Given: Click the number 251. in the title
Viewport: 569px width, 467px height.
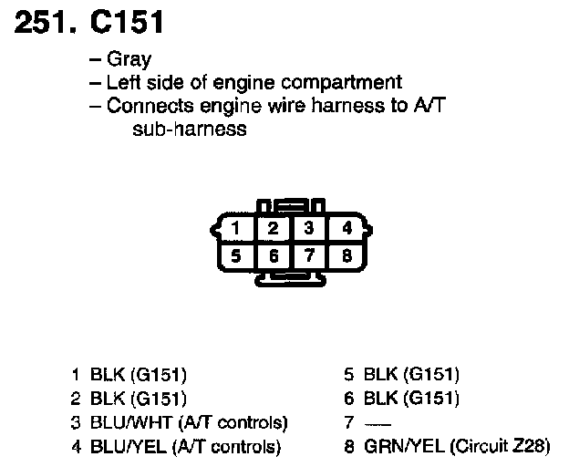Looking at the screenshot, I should pos(42,21).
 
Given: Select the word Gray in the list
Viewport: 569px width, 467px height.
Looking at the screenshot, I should pos(129,61).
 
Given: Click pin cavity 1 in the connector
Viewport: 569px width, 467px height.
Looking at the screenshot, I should pos(236,228).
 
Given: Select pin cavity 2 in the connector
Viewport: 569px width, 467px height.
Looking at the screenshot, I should pos(273,228).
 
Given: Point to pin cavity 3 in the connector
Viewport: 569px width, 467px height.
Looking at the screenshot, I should pos(309,228).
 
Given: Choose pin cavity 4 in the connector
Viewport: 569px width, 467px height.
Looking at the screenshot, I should pos(346,228).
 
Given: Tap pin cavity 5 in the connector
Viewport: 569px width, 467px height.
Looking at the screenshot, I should pos(236,255).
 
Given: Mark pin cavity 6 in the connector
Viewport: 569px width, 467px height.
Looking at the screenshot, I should pos(273,255).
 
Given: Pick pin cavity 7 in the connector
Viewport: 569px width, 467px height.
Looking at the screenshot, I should pos(309,255).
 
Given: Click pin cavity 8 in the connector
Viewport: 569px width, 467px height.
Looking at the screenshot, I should pos(346,255).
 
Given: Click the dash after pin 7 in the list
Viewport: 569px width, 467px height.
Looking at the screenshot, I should pos(373,423).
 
